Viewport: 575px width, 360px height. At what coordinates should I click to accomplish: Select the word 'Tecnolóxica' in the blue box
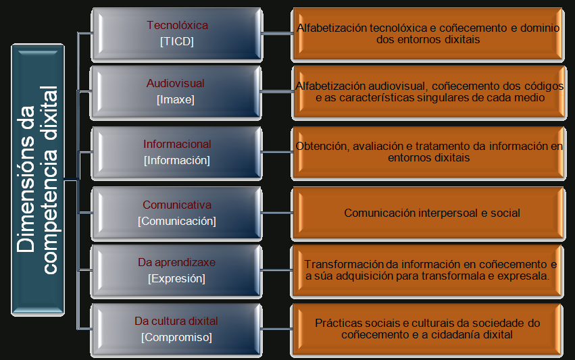(x=177, y=26)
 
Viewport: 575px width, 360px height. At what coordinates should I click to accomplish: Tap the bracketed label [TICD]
(x=177, y=41)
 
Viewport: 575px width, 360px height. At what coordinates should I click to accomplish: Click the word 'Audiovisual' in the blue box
(x=176, y=84)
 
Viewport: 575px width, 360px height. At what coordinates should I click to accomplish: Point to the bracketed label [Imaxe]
(x=176, y=100)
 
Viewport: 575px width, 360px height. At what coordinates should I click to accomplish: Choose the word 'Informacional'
(x=177, y=144)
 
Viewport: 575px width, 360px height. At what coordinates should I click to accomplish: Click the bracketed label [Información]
(x=177, y=160)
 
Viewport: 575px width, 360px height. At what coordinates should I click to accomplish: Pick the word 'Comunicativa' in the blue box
(x=177, y=205)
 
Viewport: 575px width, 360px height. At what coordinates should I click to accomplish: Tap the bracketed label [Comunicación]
(x=177, y=221)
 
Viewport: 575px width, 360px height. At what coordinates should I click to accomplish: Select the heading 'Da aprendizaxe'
(x=176, y=262)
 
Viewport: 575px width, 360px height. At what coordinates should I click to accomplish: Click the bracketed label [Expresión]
(x=176, y=278)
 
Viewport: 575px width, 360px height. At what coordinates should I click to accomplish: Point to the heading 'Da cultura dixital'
(x=176, y=321)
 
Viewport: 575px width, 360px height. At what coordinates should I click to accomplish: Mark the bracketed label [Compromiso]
(x=176, y=337)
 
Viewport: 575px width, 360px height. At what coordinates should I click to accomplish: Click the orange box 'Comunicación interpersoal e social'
(x=431, y=213)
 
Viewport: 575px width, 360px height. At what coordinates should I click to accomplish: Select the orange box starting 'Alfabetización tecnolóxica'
(x=428, y=34)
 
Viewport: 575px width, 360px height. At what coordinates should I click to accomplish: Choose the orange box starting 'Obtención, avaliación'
(x=429, y=152)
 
